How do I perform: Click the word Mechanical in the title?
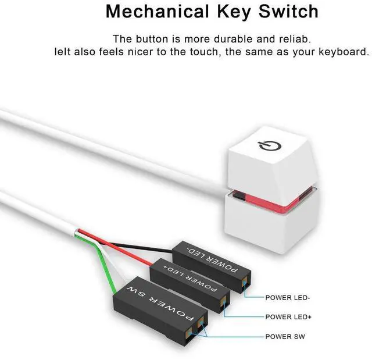(x=148, y=11)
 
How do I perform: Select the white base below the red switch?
(x=267, y=233)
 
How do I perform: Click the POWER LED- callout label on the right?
(x=288, y=298)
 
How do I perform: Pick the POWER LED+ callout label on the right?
(x=289, y=317)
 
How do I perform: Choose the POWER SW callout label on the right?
(x=285, y=336)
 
